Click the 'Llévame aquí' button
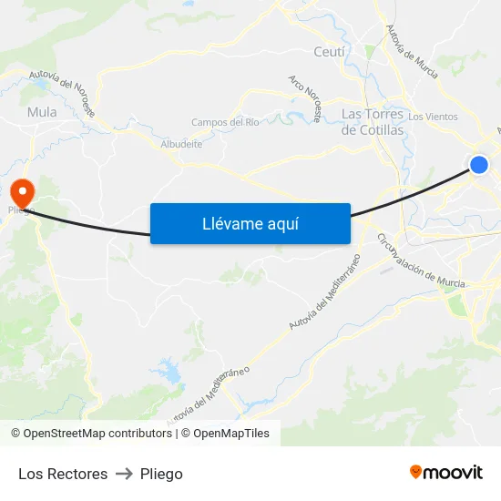(x=250, y=223)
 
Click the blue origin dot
(x=479, y=165)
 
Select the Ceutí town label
(x=329, y=52)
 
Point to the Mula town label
(x=42, y=112)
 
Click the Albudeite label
(x=181, y=144)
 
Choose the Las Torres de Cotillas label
(x=372, y=122)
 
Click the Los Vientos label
(x=433, y=117)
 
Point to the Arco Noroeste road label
(x=305, y=98)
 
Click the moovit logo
(x=445, y=473)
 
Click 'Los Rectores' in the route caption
(x=63, y=474)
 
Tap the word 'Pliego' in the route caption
(x=161, y=474)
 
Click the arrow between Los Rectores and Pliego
(x=124, y=474)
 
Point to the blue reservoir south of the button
(x=169, y=370)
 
